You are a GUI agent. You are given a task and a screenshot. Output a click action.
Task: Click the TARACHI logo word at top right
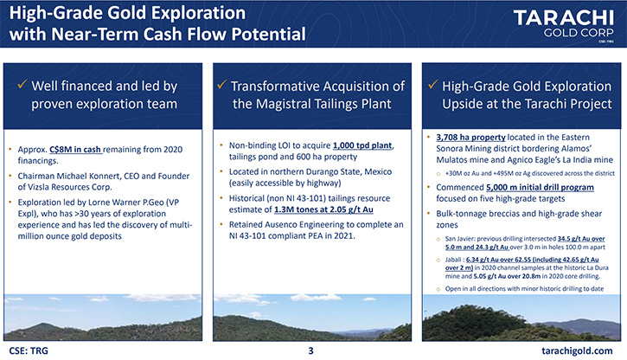(x=563, y=18)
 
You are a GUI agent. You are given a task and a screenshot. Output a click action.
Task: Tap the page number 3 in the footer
(x=310, y=350)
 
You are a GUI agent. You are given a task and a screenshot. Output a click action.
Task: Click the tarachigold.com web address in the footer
(x=577, y=350)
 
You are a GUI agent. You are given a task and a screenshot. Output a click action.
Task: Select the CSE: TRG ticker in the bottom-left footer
(x=29, y=350)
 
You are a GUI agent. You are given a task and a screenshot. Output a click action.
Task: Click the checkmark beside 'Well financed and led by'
(x=22, y=85)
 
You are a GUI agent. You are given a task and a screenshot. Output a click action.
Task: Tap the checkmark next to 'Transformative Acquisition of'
(x=222, y=85)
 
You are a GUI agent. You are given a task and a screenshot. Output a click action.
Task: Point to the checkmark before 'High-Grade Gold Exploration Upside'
(x=432, y=85)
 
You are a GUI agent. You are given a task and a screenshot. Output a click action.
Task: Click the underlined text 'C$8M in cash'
(x=75, y=150)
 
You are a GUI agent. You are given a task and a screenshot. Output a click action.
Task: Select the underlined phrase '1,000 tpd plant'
(x=362, y=145)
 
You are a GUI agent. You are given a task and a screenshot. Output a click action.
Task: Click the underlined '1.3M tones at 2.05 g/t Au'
(x=323, y=209)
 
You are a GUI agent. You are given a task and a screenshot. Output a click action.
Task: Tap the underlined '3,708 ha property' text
(x=470, y=138)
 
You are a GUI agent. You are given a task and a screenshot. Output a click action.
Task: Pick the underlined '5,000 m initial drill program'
(x=540, y=187)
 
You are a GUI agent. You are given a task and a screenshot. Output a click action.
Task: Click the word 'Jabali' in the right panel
(x=453, y=260)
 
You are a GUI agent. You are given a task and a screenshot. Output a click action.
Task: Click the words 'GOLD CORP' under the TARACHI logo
(x=579, y=33)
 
